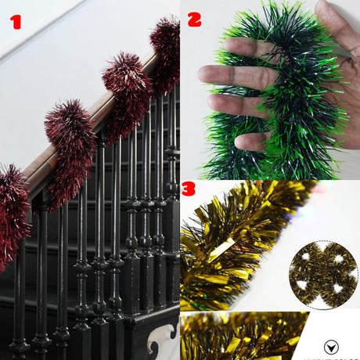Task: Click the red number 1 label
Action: click(15, 21)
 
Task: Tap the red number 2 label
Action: click(194, 17)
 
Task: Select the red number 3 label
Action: click(189, 190)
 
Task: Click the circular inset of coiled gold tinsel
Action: click(322, 275)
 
